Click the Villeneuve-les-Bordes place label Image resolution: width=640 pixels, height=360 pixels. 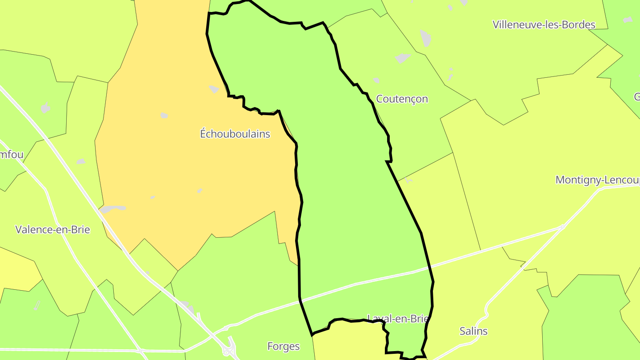coord(544,24)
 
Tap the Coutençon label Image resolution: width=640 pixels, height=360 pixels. coord(402,99)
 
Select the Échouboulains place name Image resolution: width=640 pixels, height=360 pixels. coord(235,133)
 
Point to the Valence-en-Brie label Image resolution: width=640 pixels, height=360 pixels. coord(52,230)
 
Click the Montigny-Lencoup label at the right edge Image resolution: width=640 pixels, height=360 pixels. coord(597,180)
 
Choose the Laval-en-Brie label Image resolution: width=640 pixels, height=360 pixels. coord(397,319)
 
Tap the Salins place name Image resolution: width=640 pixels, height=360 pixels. coord(473,331)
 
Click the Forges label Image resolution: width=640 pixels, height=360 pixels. coord(283,346)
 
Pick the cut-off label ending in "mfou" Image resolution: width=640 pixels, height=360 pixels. coord(12,155)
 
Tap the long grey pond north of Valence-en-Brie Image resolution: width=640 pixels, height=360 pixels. coord(113,208)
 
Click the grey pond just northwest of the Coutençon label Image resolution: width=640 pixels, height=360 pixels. coord(376,80)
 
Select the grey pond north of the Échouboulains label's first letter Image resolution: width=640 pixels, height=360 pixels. coord(214,89)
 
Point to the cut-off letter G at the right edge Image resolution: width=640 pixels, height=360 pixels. coord(636,96)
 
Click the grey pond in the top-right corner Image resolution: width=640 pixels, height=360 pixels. coord(627,20)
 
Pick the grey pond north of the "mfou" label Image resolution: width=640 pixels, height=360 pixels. coord(45,108)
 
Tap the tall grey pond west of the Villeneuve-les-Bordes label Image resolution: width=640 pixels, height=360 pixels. coord(426,39)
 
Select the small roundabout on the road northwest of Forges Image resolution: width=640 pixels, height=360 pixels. coord(226,328)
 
